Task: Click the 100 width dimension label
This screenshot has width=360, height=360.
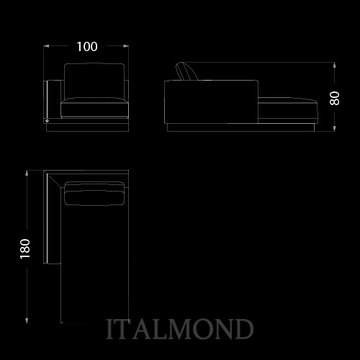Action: (87, 47)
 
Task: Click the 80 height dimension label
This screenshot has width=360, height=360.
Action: (335, 98)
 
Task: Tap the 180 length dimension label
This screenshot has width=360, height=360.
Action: (25, 249)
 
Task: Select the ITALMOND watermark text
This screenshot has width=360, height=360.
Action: (179, 329)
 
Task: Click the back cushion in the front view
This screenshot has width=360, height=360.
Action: (94, 81)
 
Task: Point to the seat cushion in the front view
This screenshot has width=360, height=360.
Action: (94, 108)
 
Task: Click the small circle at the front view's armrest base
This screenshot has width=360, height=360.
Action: (48, 121)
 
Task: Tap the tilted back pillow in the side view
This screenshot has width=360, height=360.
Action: (186, 71)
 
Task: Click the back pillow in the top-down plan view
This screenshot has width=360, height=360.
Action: (94, 194)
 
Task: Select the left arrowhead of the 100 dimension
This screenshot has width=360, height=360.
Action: (46, 46)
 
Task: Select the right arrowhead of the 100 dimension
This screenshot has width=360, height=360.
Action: (126, 46)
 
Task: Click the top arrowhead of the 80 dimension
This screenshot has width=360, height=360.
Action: (335, 65)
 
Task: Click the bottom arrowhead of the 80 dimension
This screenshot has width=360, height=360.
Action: (335, 129)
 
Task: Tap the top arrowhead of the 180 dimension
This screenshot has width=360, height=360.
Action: (27, 173)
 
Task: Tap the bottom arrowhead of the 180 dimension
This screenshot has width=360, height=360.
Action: (27, 320)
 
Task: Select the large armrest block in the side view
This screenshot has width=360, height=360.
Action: (211, 102)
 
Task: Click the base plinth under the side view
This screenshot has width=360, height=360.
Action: (240, 127)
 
